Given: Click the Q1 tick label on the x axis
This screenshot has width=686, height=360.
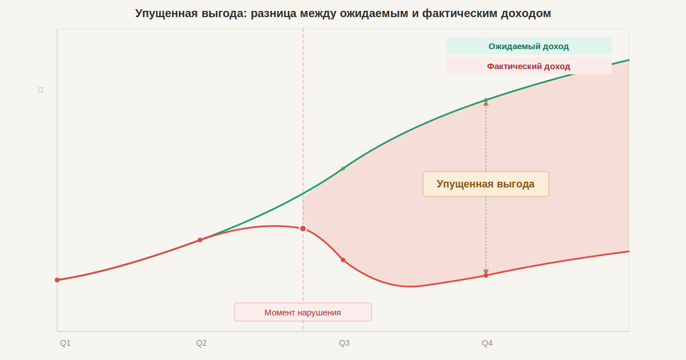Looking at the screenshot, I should (65, 343).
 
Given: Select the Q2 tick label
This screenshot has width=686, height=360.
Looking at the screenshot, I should (201, 343).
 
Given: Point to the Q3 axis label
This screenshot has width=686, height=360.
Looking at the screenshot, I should (344, 343).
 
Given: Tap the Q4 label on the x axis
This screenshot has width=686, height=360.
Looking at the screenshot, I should (487, 343).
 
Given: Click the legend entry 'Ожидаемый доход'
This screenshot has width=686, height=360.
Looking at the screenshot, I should (528, 46).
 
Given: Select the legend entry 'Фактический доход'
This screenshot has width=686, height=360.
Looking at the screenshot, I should (528, 66).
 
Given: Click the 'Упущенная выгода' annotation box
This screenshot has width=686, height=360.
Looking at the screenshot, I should (485, 184).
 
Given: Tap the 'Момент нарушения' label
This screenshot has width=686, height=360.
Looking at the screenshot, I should (302, 313).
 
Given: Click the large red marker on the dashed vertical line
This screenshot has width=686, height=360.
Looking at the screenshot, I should (303, 229).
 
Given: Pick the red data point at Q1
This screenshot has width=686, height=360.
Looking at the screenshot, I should (57, 280).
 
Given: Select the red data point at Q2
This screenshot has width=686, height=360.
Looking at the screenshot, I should (200, 240).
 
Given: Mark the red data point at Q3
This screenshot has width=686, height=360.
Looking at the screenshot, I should (343, 260).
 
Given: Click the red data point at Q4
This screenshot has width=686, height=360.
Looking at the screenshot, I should (486, 275).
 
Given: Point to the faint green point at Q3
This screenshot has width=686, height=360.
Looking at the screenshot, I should (343, 168).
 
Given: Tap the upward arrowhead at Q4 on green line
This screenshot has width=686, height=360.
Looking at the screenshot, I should (486, 103).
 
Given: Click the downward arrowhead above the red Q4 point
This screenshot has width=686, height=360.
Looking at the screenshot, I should (486, 272).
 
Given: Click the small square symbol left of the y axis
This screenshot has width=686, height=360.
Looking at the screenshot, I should (41, 90).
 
